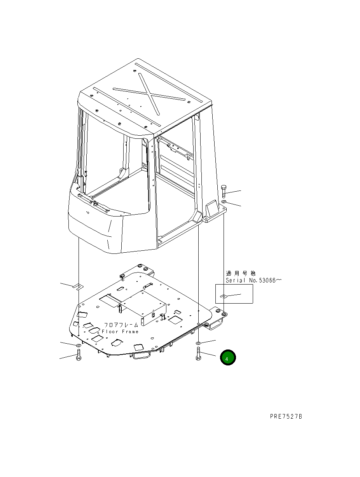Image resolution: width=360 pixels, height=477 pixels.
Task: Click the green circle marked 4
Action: coord(227,358)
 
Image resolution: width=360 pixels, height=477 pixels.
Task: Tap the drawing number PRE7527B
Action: coord(286,416)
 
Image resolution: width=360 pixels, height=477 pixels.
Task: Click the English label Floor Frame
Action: coord(120,332)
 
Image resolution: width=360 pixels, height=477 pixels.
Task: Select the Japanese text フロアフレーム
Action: coord(121,325)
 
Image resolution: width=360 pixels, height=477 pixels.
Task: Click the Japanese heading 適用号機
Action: coord(241,274)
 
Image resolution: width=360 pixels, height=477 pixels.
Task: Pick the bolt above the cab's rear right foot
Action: coord(223,192)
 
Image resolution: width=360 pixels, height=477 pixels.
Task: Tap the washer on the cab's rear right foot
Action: coord(224,203)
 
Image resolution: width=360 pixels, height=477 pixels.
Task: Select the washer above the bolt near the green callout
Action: coord(199,343)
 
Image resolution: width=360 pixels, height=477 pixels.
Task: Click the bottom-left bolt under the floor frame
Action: coord(78,355)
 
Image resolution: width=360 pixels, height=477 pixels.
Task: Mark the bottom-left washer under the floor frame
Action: coord(78,345)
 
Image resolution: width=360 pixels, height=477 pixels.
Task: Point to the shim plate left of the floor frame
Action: coord(77,287)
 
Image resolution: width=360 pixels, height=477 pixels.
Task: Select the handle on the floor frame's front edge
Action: coord(141,355)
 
